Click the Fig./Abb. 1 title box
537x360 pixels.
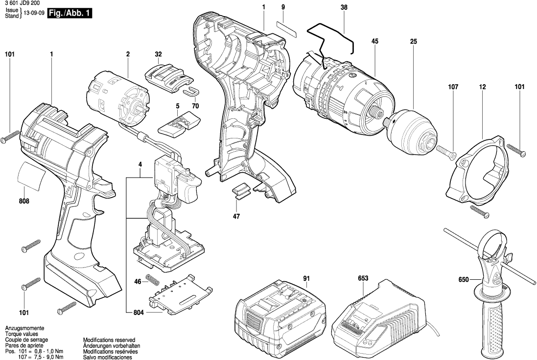coord(69,14)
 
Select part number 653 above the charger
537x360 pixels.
coord(362,279)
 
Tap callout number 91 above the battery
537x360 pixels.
coord(306,279)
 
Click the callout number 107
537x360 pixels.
coord(452,87)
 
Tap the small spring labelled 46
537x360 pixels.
coord(154,282)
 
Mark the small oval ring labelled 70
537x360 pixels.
coord(190,91)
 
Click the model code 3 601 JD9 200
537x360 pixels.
coord(23,3)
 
